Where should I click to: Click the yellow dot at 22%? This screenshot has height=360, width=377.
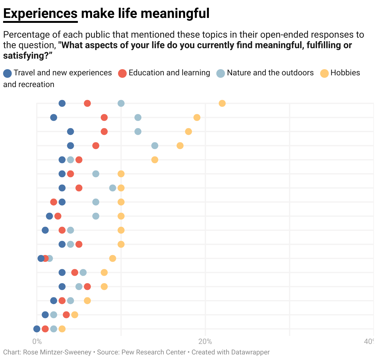pyautogui.click(x=222, y=103)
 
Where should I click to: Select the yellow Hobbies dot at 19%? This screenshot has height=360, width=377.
pyautogui.click(x=197, y=118)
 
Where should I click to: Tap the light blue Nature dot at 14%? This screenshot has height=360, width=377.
pyautogui.click(x=155, y=146)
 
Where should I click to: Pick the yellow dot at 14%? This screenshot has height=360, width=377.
pyautogui.click(x=155, y=160)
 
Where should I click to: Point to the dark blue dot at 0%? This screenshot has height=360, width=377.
pyautogui.click(x=37, y=329)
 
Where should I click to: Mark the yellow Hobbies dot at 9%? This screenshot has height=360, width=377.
pyautogui.click(x=112, y=258)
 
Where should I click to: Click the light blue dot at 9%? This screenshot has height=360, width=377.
pyautogui.click(x=112, y=188)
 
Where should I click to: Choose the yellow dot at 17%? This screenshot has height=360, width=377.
pyautogui.click(x=180, y=146)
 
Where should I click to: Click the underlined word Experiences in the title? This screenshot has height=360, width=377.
pyautogui.click(x=40, y=14)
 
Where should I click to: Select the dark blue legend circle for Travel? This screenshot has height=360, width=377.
pyautogui.click(x=7, y=73)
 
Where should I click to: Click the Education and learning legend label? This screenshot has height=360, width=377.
pyautogui.click(x=169, y=73)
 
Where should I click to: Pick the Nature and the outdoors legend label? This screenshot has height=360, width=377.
pyautogui.click(x=270, y=73)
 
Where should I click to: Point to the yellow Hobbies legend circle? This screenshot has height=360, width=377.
pyautogui.click(x=324, y=73)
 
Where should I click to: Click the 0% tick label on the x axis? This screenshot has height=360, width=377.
pyautogui.click(x=37, y=341)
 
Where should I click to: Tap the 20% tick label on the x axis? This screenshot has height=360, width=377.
pyautogui.click(x=205, y=341)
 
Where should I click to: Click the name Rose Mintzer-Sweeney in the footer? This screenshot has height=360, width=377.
pyautogui.click(x=57, y=352)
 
